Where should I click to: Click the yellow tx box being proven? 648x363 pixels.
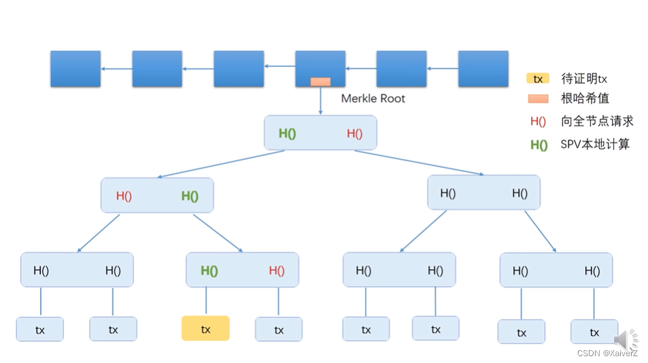pos(205,328)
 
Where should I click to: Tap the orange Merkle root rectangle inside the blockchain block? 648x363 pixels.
pos(320,82)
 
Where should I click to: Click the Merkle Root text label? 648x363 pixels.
pos(373,99)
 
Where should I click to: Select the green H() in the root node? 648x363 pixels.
pos(287,133)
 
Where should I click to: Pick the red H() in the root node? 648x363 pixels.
pos(354,133)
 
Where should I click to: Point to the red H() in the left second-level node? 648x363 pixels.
pos(124,196)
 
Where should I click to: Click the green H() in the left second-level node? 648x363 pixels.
pos(190,196)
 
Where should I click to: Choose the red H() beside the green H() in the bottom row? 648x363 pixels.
pos(277,271)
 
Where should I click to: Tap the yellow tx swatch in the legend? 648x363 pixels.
pos(538,79)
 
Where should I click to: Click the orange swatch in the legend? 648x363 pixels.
pos(538,99)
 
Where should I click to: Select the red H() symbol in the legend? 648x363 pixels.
pos(538,122)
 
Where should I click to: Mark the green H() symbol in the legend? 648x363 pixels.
pos(539,144)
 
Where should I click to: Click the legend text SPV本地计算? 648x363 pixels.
pos(595,144)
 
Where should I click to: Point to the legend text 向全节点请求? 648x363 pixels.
pos(597,122)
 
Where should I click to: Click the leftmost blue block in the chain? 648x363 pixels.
pos(75,69)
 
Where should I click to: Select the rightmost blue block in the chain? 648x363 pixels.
pos(483,69)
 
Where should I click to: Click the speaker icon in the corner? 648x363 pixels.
pos(625,340)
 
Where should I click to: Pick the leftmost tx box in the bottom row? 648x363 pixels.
pos(40,330)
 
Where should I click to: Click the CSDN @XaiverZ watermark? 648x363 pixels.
pos(607,353)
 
